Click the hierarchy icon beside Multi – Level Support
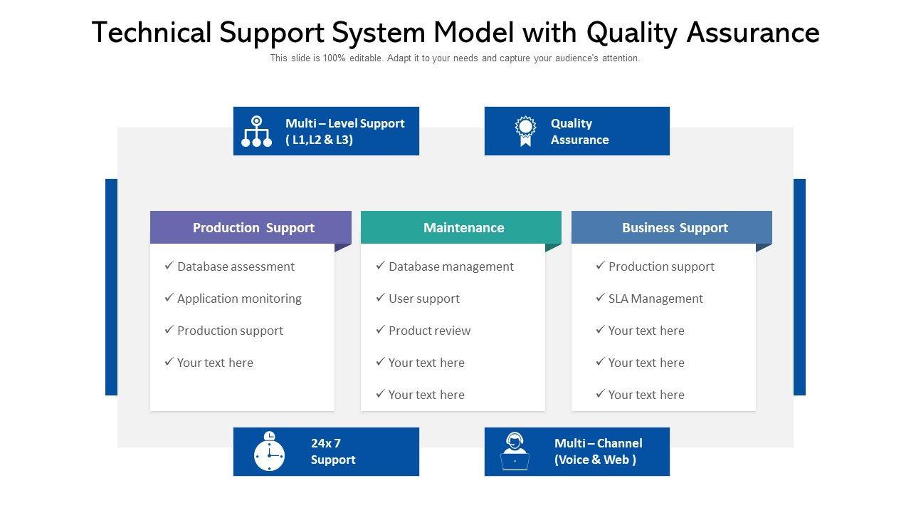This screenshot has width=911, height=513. click(256, 131)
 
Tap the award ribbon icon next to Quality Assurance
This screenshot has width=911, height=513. click(525, 131)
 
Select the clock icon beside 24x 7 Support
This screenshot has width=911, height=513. click(269, 452)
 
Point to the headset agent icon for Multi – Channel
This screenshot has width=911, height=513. click(515, 452)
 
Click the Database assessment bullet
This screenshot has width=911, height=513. click(236, 266)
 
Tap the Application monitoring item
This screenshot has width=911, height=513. click(239, 299)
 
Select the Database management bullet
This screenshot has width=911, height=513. click(451, 266)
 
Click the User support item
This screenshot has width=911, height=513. click(423, 299)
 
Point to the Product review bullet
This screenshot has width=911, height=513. click(429, 331)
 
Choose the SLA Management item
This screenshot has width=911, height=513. click(655, 299)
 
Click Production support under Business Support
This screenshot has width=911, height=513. click(660, 266)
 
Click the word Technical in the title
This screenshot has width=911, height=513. click(152, 33)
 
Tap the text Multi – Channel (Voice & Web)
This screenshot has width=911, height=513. click(598, 452)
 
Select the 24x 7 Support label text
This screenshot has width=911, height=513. click(332, 452)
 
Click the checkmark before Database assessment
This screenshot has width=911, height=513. click(169, 266)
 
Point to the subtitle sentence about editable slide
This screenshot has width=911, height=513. click(455, 58)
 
